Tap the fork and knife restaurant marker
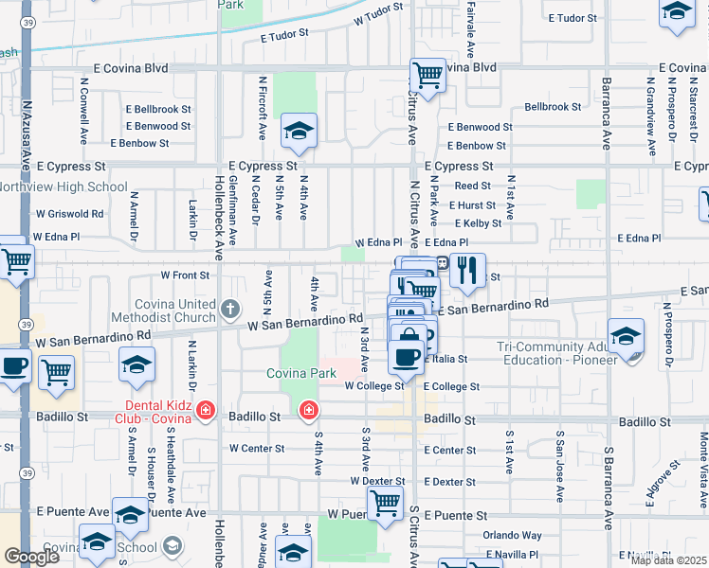(466, 271)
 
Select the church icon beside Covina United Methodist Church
(230, 309)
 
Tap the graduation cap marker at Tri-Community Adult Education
(626, 337)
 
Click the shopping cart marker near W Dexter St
(385, 503)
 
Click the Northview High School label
(64, 186)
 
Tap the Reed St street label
(472, 186)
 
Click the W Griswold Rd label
(69, 214)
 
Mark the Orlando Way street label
(512, 535)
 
